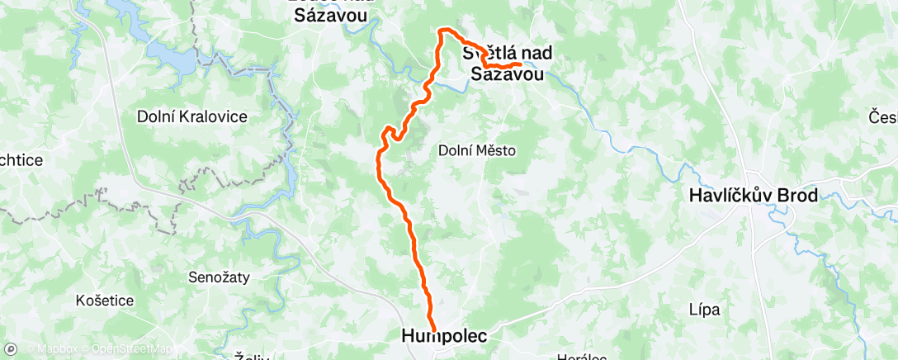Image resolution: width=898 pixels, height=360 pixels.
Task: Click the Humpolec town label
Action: click(x=444, y=336)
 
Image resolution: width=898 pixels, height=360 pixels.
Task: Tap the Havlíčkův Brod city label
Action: click(x=754, y=197)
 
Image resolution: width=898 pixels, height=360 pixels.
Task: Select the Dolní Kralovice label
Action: click(x=191, y=117)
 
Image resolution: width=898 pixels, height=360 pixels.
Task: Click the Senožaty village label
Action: click(x=220, y=277)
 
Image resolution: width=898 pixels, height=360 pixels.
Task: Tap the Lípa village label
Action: click(x=704, y=310)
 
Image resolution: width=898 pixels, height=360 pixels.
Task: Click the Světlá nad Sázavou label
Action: click(x=507, y=64)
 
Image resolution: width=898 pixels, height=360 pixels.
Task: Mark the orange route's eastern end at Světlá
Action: click(x=519, y=64)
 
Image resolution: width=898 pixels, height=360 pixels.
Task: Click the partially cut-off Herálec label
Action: click(x=583, y=357)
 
